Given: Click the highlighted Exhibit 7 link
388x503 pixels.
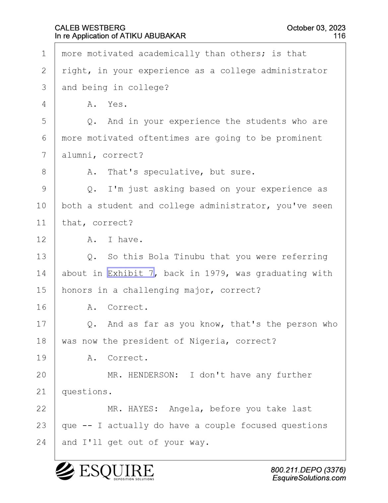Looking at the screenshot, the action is [130, 273].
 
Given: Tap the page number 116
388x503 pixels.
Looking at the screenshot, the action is [339, 36].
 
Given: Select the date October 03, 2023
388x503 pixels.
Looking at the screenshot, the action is [316, 28].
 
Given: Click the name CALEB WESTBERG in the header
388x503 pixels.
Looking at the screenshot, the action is [90, 28].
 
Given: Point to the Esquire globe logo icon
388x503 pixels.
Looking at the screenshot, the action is [65, 471].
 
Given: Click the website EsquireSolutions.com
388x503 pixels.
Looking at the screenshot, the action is [309, 478].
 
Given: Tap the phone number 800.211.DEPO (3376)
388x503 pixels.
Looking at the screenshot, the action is [308, 470].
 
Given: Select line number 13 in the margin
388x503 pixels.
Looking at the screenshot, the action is [41, 256].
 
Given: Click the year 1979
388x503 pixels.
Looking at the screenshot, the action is [215, 273].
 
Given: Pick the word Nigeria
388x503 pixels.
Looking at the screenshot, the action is [207, 341].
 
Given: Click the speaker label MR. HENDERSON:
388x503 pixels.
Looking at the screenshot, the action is [143, 375].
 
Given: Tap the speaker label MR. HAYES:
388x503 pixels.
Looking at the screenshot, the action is [133, 409].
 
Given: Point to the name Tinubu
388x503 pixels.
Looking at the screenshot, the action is [189, 256].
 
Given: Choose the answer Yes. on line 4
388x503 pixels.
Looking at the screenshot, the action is [117, 104].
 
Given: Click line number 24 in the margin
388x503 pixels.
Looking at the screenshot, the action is [41, 442].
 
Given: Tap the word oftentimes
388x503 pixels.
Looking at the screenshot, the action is [163, 138].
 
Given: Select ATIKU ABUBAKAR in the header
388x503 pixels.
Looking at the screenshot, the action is [153, 36].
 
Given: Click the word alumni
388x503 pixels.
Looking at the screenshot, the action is [77, 155].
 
